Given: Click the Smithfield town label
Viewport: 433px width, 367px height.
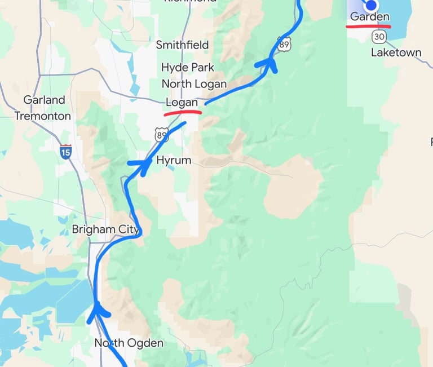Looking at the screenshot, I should pos(182,45).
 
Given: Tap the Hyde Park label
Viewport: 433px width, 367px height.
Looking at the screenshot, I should pos(188,67).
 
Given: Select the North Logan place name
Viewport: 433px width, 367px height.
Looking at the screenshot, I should pos(194,83).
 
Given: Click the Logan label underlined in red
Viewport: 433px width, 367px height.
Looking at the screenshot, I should pos(182,103).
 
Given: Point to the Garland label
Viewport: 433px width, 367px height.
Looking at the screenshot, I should pos(44,100).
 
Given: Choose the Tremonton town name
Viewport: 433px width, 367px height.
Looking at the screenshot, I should pos(43,116).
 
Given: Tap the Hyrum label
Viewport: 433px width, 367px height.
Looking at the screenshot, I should pos(174,160).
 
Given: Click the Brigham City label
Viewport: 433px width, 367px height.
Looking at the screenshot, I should pos(106,229).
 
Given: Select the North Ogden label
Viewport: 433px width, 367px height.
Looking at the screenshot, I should pos(129,343).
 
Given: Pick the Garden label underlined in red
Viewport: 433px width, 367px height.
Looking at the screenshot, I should pos(369,17).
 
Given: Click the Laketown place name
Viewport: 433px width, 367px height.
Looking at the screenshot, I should pos(396,52).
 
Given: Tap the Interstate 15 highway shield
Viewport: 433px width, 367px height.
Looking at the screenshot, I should pos(65,151).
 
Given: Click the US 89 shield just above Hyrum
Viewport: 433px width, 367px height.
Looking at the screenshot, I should pos(162,134).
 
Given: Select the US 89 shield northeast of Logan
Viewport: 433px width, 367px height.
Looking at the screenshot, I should pos(284,43).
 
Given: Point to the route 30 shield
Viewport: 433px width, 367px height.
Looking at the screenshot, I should pos(379,36).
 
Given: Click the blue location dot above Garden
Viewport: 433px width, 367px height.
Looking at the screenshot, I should pos(371,6).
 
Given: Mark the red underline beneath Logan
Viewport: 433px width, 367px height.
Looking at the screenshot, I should pos(183,112).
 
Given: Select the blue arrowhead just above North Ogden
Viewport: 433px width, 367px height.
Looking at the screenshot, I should pos(99,311).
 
